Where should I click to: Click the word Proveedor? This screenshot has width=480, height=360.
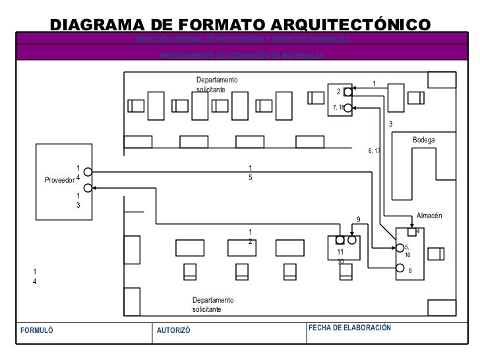coord(59,179)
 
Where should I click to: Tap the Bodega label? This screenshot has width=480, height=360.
coord(424,140)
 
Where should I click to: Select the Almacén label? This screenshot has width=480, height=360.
coord(429,216)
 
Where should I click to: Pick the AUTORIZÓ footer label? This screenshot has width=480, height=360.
coord(173,330)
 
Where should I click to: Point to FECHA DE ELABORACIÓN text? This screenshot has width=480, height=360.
coord(349,328)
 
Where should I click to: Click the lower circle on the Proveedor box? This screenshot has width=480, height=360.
coord(88,188)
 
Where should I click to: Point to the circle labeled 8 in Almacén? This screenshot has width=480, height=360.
coord(400,268)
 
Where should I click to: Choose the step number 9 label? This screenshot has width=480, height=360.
coord(359,220)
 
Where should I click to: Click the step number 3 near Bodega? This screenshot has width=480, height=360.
coord(390,124)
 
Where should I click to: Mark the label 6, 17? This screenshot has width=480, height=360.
coord(375,151)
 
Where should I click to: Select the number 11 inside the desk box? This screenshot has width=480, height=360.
coord(340,253)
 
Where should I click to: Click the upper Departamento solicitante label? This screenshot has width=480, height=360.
coord(217,84)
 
